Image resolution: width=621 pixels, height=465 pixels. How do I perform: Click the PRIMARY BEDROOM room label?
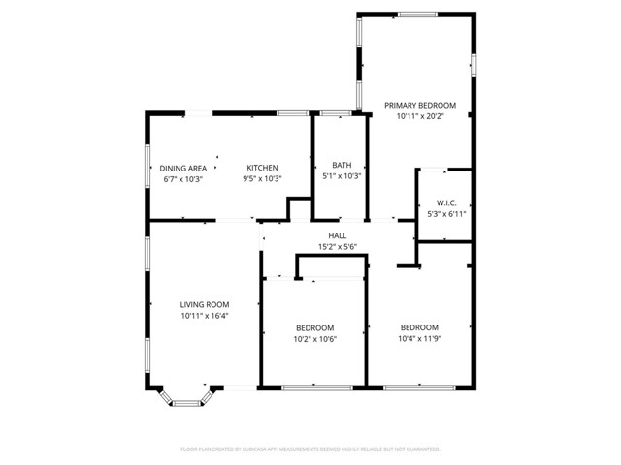pos(419,105)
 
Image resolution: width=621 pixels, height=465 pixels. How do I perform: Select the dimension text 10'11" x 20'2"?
pos(419,116)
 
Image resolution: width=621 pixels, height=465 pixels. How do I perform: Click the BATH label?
pos(342,165)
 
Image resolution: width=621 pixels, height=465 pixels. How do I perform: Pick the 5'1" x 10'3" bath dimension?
pos(342,176)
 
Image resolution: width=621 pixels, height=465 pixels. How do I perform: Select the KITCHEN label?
pos(262,168)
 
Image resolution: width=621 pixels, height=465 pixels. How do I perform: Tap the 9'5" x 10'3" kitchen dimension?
pos(262,179)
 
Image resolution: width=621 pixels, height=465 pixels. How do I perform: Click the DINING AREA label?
pos(182,168)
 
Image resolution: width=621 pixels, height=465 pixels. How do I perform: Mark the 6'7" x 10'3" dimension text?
pos(182,179)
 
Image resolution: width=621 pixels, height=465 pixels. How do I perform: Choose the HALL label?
pos(338,235)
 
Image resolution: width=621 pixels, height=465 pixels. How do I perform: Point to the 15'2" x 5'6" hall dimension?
pos(338,247)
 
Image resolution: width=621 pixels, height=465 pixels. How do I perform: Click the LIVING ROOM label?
pos(204,304)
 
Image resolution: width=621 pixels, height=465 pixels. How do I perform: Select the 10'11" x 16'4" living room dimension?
pos(204,316)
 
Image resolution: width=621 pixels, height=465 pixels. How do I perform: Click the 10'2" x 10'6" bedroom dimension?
pos(314,339)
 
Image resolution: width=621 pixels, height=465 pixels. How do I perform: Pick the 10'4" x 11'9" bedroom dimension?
pos(419,339)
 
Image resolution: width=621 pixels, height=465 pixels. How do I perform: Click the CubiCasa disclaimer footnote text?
pos(310,449)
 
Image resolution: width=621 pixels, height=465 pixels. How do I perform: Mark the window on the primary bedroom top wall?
pos(416,14)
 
